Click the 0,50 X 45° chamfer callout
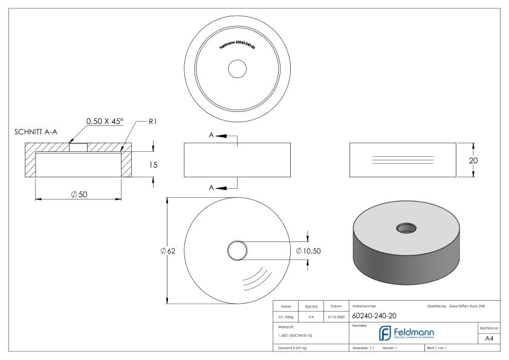[x=104, y=121]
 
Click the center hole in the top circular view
[x=236, y=69]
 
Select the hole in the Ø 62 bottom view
[x=236, y=250]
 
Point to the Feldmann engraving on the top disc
[x=236, y=47]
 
